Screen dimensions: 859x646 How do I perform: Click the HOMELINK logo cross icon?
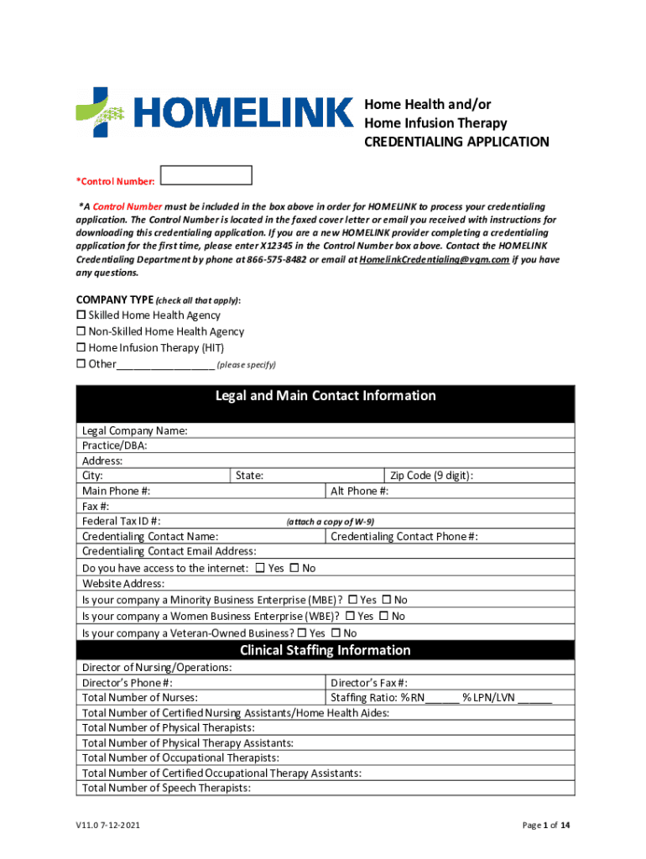[100, 112]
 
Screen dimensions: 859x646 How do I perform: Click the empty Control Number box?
[206, 175]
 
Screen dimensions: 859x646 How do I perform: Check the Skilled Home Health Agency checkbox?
[81, 315]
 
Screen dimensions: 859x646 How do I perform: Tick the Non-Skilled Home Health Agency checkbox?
[81, 331]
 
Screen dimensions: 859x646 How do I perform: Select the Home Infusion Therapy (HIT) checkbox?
[81, 347]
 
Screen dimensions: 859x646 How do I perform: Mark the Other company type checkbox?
[81, 364]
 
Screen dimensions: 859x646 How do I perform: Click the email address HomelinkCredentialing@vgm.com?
[434, 260]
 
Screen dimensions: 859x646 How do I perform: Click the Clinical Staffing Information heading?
[326, 650]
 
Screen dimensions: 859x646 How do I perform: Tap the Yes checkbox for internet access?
[259, 568]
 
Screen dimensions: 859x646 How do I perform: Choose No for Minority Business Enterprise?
[387, 600]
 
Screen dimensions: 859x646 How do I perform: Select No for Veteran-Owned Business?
[336, 633]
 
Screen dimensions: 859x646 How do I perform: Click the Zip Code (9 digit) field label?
[430, 476]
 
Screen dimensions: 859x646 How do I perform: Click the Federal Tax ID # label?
[122, 521]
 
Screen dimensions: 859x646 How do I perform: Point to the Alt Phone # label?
[359, 491]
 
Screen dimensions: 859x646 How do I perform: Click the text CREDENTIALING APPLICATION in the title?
[456, 142]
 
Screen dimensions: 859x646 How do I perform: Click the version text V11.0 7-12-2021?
[106, 825]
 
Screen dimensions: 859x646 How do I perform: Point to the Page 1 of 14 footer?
[546, 825]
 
